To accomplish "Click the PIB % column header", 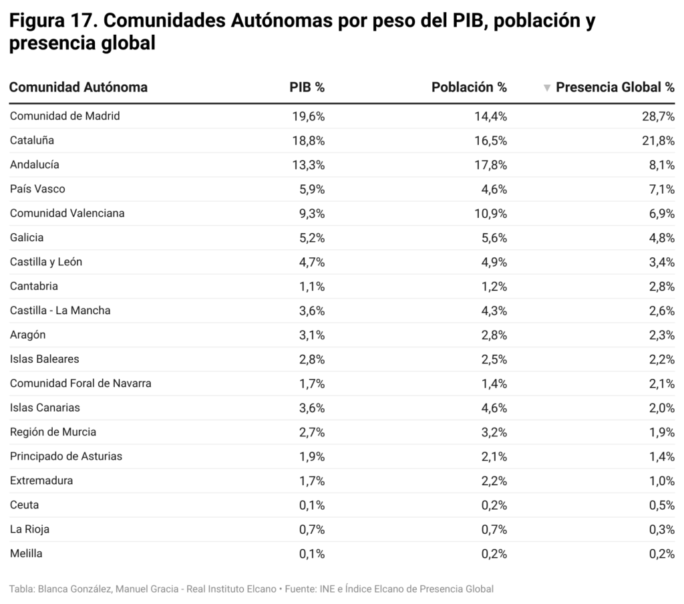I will (307, 88).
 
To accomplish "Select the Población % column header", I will (469, 88).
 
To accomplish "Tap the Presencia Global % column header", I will (615, 88).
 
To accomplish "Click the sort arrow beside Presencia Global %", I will (547, 88).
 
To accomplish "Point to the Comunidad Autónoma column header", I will (78, 88).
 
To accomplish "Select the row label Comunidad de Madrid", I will (65, 116).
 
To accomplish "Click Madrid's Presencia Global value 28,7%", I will (658, 116).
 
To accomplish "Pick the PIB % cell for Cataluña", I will (308, 140).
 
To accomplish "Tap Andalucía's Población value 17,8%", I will (490, 165).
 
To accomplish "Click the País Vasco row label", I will (37, 189).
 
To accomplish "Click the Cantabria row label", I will (34, 287).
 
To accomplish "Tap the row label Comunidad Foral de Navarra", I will (80, 384).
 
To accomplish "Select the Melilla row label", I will (26, 554).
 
